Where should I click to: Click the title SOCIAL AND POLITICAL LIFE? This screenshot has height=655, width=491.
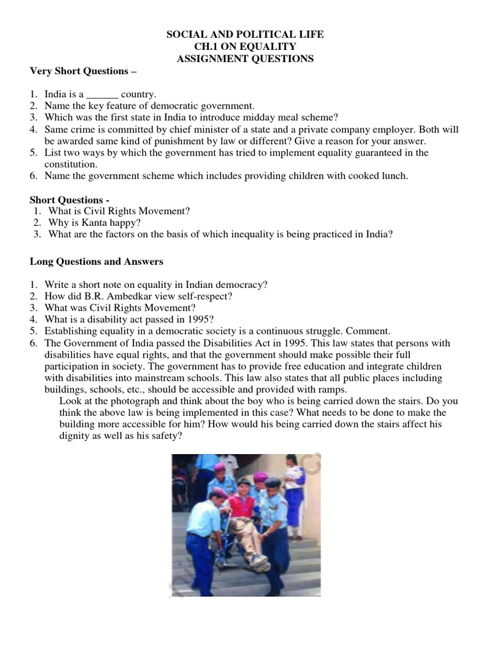245,35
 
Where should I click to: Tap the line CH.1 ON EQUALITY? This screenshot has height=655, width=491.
245,47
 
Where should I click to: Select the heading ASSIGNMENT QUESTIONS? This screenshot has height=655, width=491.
245,59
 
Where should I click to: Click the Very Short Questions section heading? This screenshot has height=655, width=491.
83,71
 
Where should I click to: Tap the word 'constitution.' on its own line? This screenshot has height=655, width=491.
70,164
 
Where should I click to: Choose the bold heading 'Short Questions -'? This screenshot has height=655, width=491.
70,200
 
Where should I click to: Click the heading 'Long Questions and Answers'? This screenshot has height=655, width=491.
97,261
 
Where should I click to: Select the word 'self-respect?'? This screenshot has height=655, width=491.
207,296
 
